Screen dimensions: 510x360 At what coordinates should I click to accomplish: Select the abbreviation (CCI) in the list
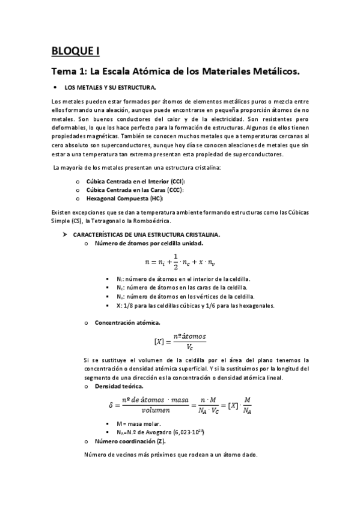175,181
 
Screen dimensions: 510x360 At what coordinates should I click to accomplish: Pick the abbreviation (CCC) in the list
174,189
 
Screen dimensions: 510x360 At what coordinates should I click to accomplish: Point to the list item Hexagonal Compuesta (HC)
125,198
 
